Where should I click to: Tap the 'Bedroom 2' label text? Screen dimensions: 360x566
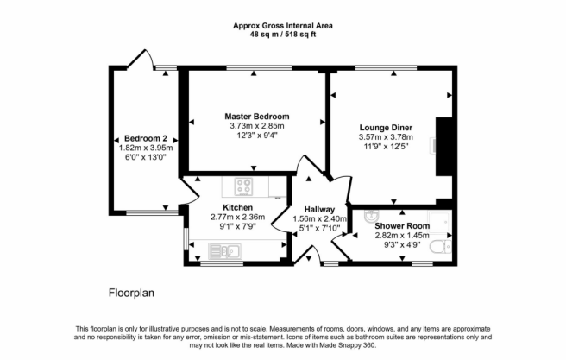145,138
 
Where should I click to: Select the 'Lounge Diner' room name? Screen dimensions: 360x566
383,126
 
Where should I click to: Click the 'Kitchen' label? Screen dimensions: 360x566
237,208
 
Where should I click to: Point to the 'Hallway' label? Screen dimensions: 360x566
319,209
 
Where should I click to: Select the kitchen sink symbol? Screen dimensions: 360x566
228,251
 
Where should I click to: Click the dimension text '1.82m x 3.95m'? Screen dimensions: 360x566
145,148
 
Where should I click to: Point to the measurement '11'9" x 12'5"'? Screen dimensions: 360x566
383,147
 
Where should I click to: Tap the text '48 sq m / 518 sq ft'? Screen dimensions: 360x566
283,36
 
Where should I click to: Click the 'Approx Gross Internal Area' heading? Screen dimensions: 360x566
283,26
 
